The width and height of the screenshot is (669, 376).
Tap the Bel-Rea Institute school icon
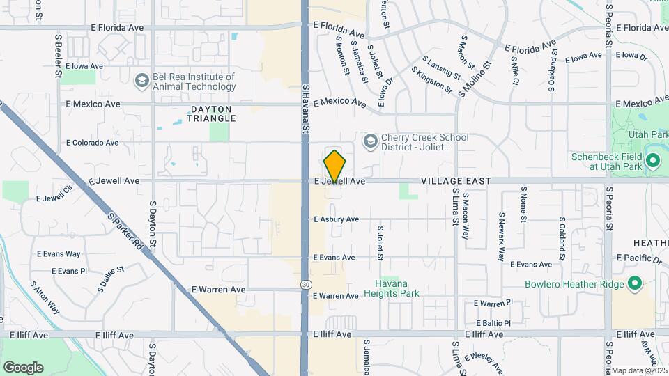click(x=142, y=81)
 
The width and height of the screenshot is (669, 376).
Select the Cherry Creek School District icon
click(x=370, y=142)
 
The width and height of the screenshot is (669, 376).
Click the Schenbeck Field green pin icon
click(x=653, y=162)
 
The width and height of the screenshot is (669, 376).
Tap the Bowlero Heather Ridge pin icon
click(x=634, y=284)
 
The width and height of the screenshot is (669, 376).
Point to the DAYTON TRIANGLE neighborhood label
click(x=211, y=113)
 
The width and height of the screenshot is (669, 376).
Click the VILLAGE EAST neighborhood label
click(x=456, y=181)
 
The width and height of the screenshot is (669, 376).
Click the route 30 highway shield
click(x=306, y=284)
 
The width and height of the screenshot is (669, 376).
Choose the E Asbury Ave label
click(x=336, y=219)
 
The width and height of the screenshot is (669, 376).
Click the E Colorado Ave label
click(x=92, y=143)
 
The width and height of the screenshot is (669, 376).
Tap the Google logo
click(x=23, y=367)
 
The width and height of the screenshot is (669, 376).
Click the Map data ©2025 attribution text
click(x=639, y=370)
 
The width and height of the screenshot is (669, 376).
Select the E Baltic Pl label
click(x=493, y=323)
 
